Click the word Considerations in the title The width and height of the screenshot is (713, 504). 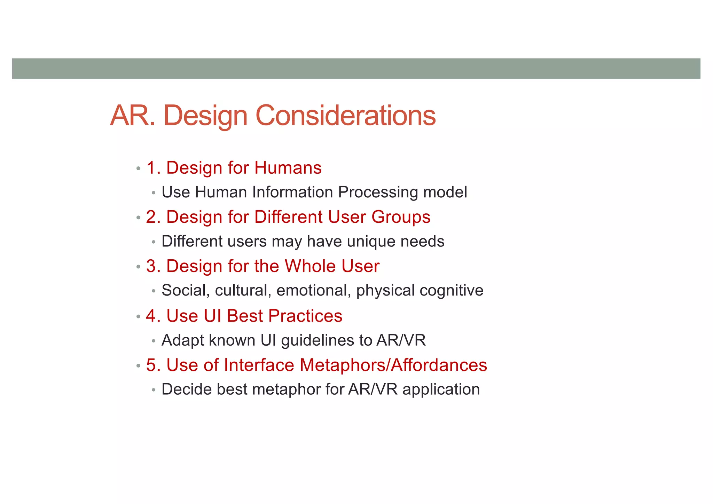pyautogui.click(x=345, y=116)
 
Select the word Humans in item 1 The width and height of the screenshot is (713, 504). pyautogui.click(x=288, y=168)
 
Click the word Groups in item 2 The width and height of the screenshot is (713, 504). pyautogui.click(x=401, y=217)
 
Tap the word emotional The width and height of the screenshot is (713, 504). pyautogui.click(x=314, y=291)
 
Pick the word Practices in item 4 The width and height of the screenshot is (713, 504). pyautogui.click(x=305, y=316)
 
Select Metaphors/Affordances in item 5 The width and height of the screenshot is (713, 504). pyautogui.click(x=393, y=365)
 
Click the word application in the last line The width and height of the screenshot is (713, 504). pyautogui.click(x=441, y=389)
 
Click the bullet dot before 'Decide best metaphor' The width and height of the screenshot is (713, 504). pyautogui.click(x=154, y=390)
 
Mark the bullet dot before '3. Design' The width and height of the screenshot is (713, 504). pyautogui.click(x=138, y=267)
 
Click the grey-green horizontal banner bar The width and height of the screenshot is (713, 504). pyautogui.click(x=356, y=69)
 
